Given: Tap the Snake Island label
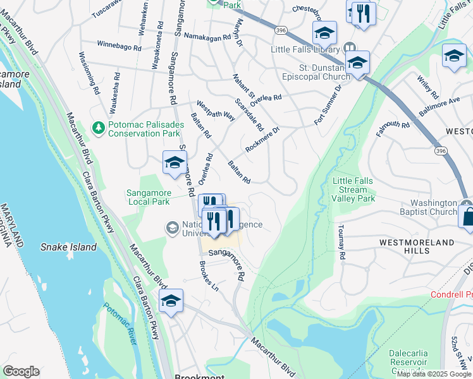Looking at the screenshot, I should (x=68, y=247).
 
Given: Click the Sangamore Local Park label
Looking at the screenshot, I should (x=148, y=196).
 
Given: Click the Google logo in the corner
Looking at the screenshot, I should (x=21, y=371).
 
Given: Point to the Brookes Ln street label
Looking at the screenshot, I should (x=208, y=276).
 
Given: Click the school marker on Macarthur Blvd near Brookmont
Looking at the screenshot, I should (x=170, y=301).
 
